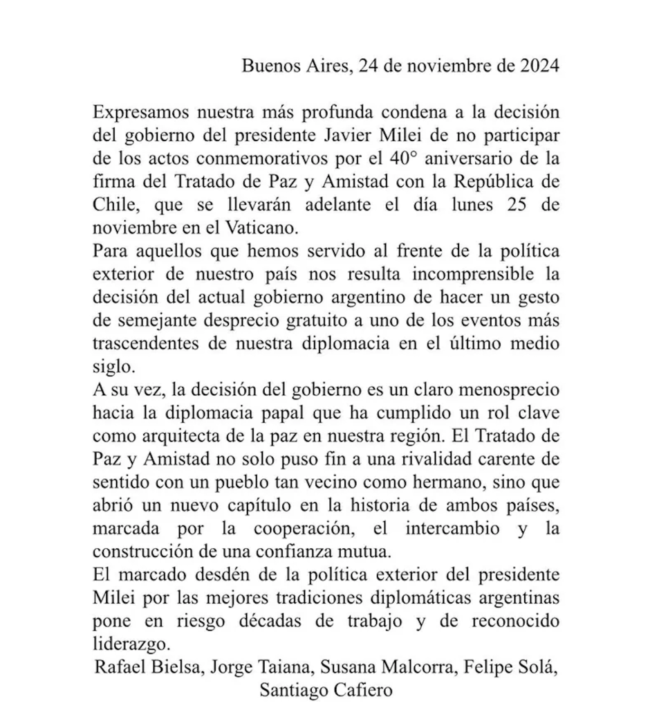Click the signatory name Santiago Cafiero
coord(324,689)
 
